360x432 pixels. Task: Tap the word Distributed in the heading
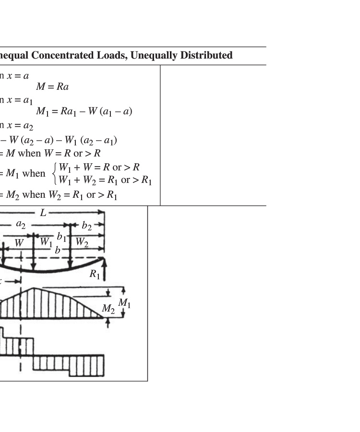pyautogui.click(x=206, y=56)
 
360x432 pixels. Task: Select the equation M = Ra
pyautogui.click(x=52, y=87)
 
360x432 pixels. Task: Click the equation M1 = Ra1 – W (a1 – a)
pyautogui.click(x=84, y=111)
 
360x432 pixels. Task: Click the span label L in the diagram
pyautogui.click(x=43, y=213)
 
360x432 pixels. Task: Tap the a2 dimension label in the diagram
pyautogui.click(x=21, y=224)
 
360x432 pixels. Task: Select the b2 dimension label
pyautogui.click(x=87, y=226)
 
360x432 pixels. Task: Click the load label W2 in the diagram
pyautogui.click(x=82, y=243)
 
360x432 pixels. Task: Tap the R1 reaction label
pyautogui.click(x=95, y=274)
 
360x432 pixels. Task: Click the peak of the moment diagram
pyautogui.click(x=33, y=288)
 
